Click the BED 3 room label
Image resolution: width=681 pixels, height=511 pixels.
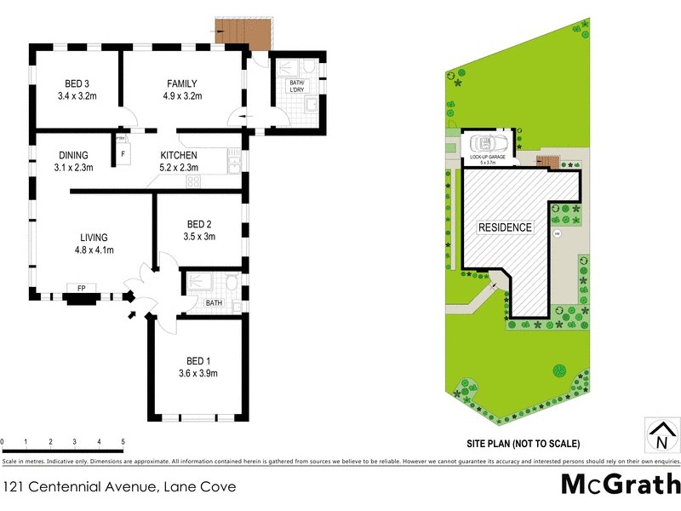pos(77,83)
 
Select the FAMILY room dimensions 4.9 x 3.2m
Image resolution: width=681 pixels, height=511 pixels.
pos(181,96)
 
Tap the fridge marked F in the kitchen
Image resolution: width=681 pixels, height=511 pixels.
pos(123,154)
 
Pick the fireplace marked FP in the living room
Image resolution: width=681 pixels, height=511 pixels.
pos(82,290)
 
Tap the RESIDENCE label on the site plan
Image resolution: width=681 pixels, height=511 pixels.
pos(505,227)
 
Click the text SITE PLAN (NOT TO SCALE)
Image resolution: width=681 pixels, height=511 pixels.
pos(523,444)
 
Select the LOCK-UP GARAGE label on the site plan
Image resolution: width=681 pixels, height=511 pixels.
pos(486,158)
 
